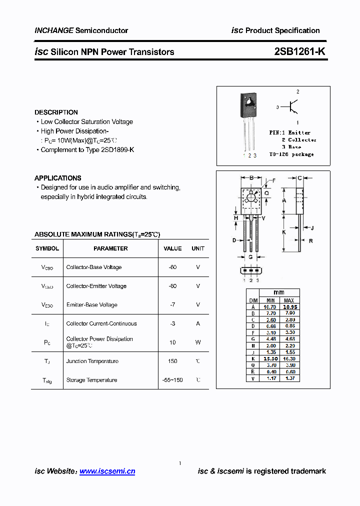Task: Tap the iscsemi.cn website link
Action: [x=107, y=471]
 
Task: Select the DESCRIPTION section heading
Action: [x=56, y=112]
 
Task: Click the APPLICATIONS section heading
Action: [x=57, y=178]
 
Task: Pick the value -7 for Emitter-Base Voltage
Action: [x=172, y=304]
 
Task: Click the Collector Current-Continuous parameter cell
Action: [x=101, y=323]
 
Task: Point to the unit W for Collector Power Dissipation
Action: [x=198, y=342]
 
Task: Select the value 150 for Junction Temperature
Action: [x=172, y=361]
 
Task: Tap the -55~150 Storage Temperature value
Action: [x=172, y=380]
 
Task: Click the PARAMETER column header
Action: [x=110, y=248]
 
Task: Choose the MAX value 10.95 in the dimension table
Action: [x=289, y=307]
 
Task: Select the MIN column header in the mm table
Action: [x=270, y=300]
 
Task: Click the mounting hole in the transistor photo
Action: [x=249, y=100]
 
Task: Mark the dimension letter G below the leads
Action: [x=250, y=257]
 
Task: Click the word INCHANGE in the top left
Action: [x=54, y=30]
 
